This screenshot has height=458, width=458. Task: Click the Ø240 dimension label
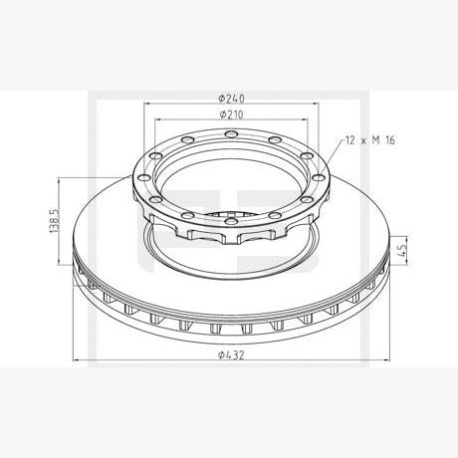[x=231, y=99]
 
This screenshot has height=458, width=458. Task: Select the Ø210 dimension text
[x=231, y=114]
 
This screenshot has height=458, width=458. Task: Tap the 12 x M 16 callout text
[x=370, y=140]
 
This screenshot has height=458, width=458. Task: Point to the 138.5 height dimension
[x=55, y=221]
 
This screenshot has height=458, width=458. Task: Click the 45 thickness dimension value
[x=402, y=250]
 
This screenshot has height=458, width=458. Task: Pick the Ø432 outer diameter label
[x=231, y=355]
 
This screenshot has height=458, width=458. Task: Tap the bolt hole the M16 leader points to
[x=319, y=178]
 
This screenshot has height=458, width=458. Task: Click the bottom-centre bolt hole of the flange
[x=231, y=219]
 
